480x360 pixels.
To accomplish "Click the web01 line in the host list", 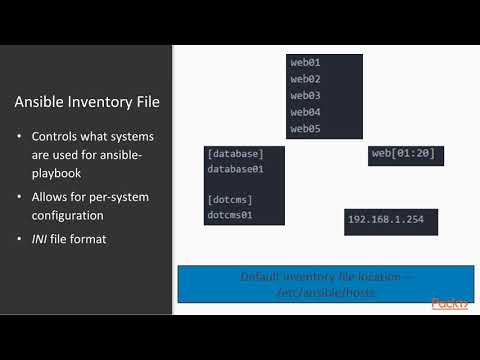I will pos(305,63).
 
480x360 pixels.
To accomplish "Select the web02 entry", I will pos(305,79).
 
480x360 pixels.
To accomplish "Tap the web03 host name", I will pos(305,96).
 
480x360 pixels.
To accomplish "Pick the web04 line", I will pos(305,112).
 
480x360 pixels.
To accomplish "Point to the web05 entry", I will pos(305,129).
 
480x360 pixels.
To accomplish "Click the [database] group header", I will pos(235,154).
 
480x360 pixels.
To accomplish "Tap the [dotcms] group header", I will pos(230,199).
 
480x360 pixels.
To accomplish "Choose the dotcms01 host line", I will pos(230,215).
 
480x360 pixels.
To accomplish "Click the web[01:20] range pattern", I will pos(405,153).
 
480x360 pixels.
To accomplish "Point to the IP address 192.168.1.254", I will pos(385,219).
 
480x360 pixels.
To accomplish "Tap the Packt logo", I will pos(449,303).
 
